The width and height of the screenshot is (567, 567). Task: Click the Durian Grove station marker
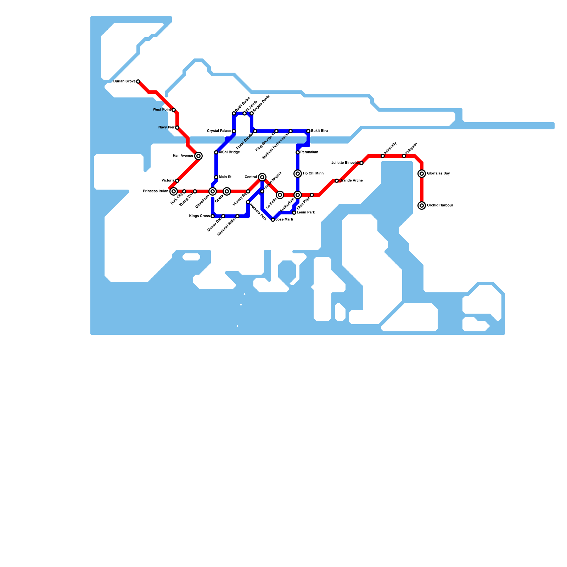138,82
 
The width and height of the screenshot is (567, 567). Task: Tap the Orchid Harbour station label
440,206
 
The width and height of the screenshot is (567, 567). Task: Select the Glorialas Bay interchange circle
422,174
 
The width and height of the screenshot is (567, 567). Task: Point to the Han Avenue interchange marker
198,156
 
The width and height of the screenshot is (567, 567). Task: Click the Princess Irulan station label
155,191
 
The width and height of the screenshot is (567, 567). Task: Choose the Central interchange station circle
262,177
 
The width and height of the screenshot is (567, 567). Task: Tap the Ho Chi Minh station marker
298,174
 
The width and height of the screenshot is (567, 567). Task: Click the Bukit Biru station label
319,131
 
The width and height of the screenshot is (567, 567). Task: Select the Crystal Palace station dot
234,131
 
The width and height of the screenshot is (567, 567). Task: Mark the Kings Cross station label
199,216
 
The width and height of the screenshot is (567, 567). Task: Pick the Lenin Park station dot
294,213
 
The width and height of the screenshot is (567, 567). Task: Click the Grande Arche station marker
337,181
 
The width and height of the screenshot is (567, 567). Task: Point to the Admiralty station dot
383,156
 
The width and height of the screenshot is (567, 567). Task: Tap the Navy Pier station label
166,128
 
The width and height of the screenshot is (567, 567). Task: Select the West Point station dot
174,110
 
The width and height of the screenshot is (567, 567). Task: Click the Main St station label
225,177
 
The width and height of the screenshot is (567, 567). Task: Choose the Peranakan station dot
298,152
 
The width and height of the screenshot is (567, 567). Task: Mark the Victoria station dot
177,181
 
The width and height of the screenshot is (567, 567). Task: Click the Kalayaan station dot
404,156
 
